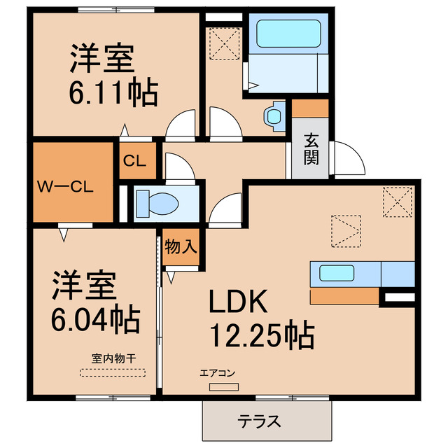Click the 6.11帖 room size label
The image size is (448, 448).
pyautogui.click(x=113, y=92)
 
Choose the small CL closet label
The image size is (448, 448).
pyautogui.click(x=134, y=160)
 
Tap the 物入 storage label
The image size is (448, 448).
pyautogui.click(x=181, y=246)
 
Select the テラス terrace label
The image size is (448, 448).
pyautogui.click(x=260, y=421)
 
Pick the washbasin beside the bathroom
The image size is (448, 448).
pyautogui.click(x=275, y=114)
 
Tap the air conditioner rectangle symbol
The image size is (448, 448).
pyautogui.click(x=223, y=387)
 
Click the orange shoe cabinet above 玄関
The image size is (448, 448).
pyautogui.click(x=309, y=108)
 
